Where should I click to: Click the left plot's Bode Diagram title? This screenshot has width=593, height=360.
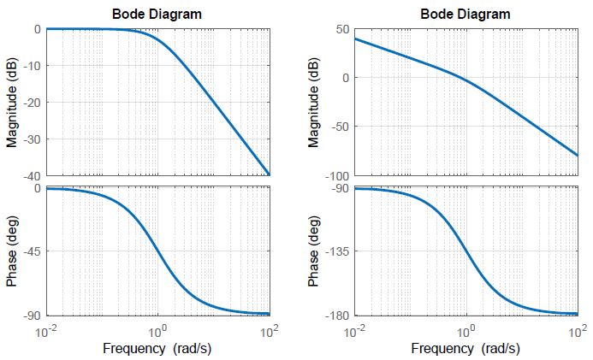(157, 14)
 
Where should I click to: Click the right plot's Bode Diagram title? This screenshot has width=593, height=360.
(466, 14)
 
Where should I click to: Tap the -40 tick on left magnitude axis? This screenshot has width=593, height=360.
(31, 175)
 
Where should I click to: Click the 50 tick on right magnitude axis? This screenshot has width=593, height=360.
(341, 29)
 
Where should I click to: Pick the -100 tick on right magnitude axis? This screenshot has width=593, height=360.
(335, 175)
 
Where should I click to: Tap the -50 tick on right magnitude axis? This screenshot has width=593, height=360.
(338, 127)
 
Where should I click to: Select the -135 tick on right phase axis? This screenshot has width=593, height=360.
(336, 251)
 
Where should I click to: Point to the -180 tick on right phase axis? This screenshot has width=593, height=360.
(336, 316)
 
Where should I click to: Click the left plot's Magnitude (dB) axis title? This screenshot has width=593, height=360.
(11, 102)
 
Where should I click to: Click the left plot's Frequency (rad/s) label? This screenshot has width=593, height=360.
(157, 348)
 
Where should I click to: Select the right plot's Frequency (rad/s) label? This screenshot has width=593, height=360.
(466, 348)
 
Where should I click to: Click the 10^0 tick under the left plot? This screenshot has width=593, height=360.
(157, 330)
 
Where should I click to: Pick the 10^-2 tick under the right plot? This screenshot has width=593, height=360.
(353, 330)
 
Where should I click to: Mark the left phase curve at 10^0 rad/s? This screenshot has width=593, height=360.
(157, 251)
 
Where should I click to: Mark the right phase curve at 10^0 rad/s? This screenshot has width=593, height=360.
(466, 251)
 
